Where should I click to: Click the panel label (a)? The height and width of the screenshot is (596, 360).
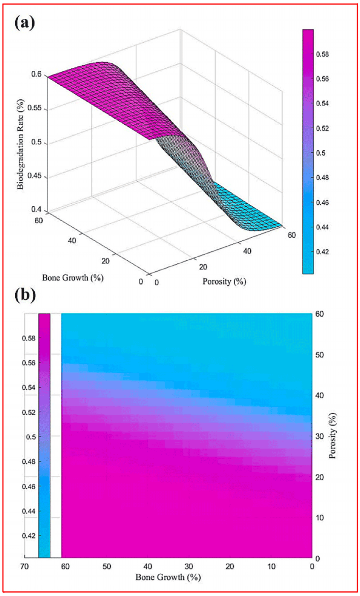click(25, 23)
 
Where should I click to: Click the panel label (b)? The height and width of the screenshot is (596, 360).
click(25, 295)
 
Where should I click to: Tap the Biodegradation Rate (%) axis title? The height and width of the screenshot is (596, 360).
click(20, 144)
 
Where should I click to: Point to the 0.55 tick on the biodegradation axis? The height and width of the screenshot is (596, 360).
click(35, 108)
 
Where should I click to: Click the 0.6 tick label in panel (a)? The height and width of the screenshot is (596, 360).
click(36, 74)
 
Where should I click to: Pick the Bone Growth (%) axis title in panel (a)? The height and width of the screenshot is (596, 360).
click(73, 278)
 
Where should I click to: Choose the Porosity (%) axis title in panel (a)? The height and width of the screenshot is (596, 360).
click(224, 281)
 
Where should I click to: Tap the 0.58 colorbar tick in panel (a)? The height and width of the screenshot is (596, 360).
click(322, 54)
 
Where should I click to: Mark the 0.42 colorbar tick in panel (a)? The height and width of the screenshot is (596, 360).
click(322, 251)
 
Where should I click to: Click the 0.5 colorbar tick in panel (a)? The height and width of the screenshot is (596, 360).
click(321, 153)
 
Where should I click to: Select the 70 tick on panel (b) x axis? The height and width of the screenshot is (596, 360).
click(25, 566)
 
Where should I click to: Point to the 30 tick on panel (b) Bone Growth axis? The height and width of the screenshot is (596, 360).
click(188, 566)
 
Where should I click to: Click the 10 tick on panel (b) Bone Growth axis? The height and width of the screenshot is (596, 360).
click(271, 566)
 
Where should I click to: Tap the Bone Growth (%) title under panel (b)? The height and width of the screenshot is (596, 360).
click(168, 577)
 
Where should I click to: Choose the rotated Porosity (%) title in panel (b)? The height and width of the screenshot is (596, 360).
click(332, 436)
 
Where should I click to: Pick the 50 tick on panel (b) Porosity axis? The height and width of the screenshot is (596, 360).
click(319, 355)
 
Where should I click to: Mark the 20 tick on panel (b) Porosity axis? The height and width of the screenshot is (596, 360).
click(319, 477)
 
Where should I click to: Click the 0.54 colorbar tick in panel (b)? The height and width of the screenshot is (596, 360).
click(29, 387)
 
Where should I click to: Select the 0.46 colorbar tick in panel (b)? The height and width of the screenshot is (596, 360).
click(29, 486)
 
